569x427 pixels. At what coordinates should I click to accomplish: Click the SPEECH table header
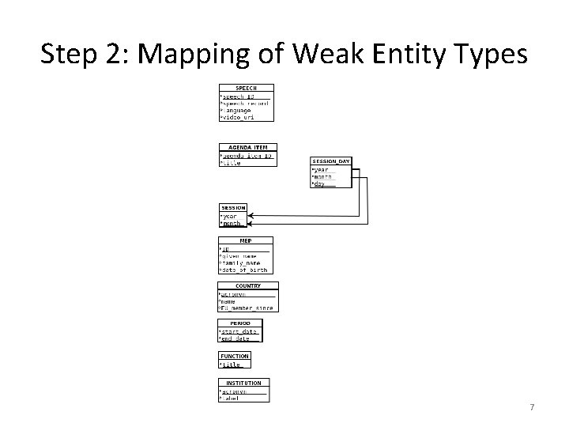[246, 88]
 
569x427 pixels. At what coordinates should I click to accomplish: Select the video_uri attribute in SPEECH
[238, 117]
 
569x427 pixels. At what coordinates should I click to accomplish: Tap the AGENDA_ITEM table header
[247, 147]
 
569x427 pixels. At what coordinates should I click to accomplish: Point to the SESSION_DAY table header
[330, 161]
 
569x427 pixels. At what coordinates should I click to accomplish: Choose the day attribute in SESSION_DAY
[319, 184]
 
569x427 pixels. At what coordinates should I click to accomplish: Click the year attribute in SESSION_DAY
[320, 169]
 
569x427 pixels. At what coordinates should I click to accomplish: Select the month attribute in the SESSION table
[231, 223]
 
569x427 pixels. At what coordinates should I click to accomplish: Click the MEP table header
[245, 240]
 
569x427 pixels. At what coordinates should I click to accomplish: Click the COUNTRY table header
[247, 285]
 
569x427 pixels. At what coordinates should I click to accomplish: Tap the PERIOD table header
[239, 323]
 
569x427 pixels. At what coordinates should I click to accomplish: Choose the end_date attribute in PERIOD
[236, 338]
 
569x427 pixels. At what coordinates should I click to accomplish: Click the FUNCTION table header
[235, 356]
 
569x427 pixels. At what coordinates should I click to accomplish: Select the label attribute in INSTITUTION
[230, 399]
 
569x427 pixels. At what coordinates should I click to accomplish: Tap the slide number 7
[532, 407]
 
